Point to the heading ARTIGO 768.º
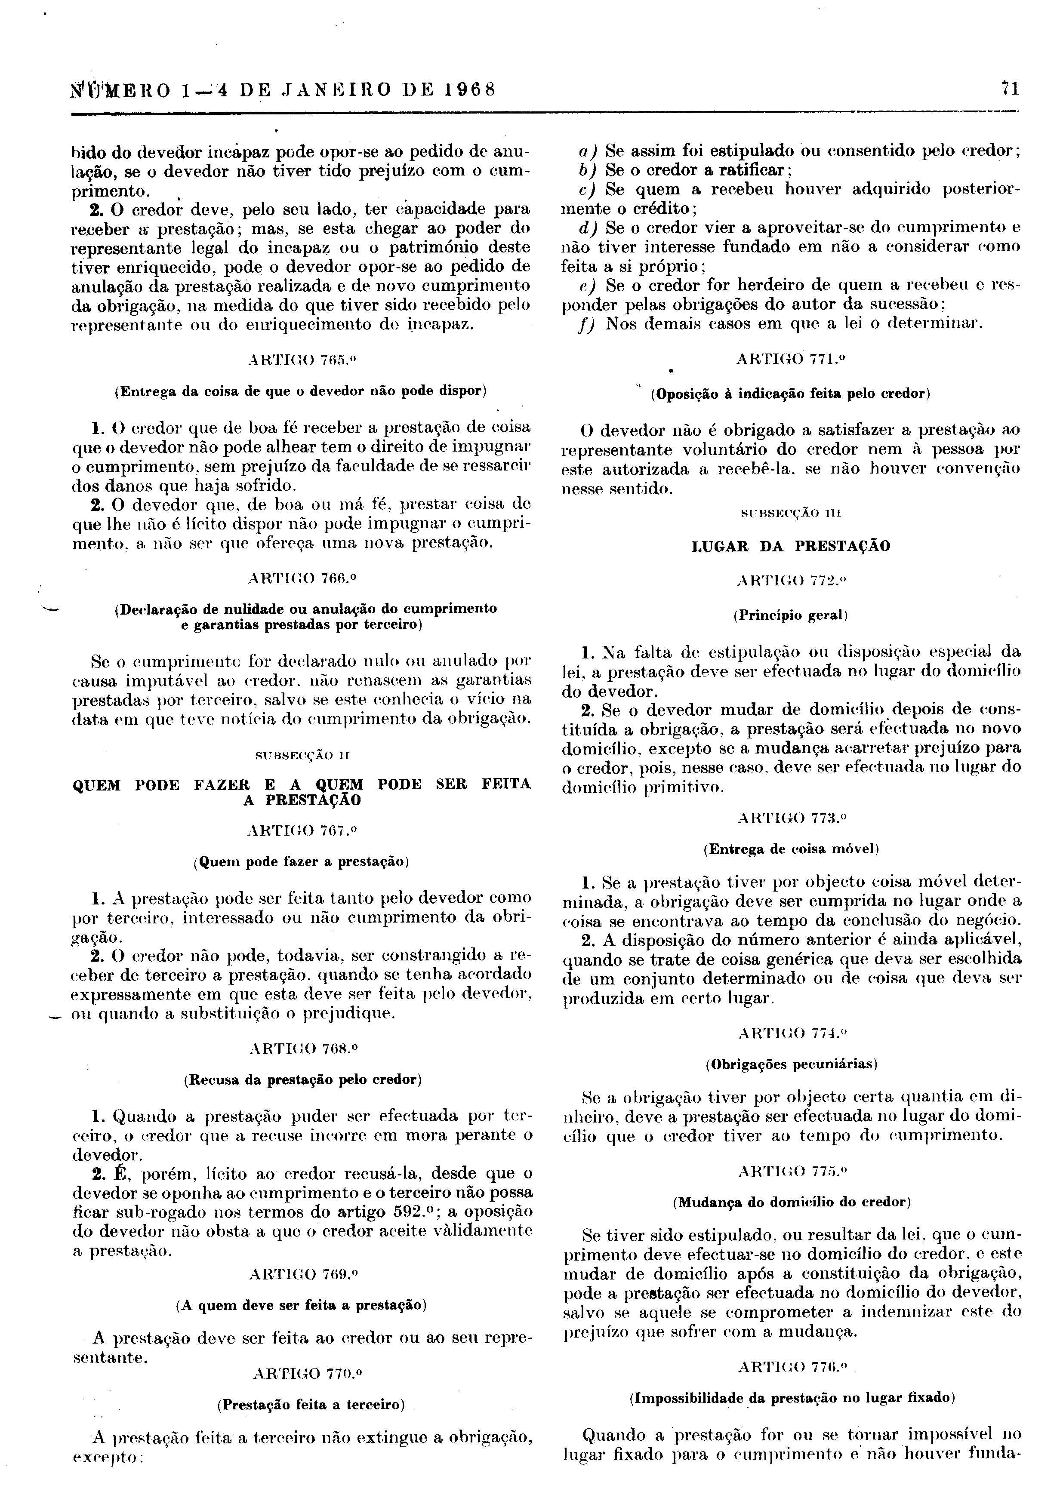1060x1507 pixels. pos(302,1048)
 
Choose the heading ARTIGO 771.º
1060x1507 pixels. pos(791,359)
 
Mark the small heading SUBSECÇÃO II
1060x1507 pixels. pos(302,756)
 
